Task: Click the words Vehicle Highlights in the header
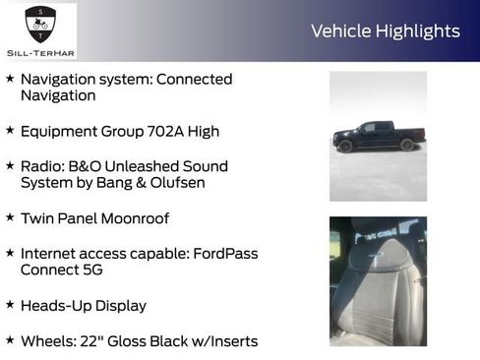(385, 30)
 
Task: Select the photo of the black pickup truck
(378, 135)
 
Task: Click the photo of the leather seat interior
(378, 280)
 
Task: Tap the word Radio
(42, 166)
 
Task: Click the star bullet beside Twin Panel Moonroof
(10, 216)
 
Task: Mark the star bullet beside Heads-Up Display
(10, 304)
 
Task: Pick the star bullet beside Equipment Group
(10, 129)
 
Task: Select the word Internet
(51, 254)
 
